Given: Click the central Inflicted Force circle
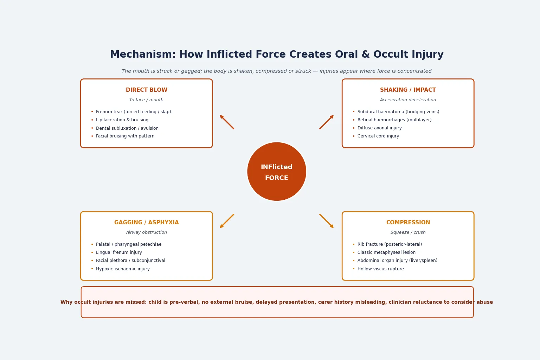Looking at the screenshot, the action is tap(277, 172).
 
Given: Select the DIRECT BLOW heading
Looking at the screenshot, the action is tap(146, 90).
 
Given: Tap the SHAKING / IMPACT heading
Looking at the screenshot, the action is tap(408, 90).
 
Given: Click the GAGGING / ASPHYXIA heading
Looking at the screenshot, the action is tap(146, 222).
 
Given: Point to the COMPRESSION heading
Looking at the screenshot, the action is tap(408, 222).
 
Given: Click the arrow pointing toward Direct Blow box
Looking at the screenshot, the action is tap(227, 122).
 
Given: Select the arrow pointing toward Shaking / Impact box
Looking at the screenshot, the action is tap(327, 122).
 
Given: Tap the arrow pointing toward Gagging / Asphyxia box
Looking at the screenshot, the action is tap(227, 221).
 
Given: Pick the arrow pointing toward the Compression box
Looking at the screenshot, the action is tap(327, 221).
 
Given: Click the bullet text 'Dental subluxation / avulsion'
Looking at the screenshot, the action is tap(127, 128).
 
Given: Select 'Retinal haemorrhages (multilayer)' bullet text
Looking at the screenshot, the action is tap(394, 120).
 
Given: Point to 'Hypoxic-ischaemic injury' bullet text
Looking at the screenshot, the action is tap(123, 269).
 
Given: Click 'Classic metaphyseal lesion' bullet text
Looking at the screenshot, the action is tap(386, 252).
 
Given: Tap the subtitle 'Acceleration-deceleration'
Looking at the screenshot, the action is tap(408, 100).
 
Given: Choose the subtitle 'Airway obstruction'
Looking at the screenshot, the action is tap(146, 232).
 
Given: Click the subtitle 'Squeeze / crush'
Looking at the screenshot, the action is tap(408, 232).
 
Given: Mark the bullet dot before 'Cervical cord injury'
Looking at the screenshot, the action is tap(354, 136).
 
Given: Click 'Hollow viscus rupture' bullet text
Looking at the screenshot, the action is tap(381, 269).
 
